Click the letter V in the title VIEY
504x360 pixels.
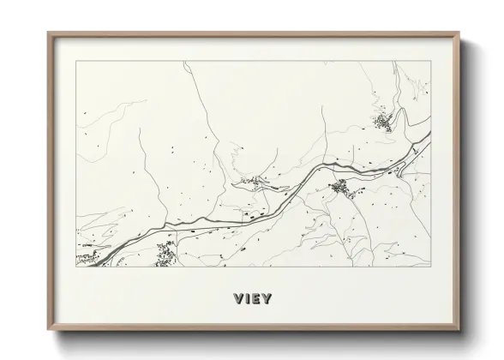point(237,299)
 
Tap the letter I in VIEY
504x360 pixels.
point(248,299)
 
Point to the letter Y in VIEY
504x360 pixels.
point(267,299)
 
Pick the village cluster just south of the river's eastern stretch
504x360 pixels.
point(341,187)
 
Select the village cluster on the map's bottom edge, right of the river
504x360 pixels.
point(165,253)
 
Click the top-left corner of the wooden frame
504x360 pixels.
point(48,33)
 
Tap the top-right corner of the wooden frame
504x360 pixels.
point(459,33)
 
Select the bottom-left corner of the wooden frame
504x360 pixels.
point(48,330)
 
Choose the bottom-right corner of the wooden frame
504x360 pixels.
point(459,330)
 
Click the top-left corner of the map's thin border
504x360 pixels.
point(75,61)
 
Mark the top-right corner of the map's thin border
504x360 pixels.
point(430,61)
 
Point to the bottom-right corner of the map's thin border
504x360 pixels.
point(430,266)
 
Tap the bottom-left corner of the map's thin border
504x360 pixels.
point(75,266)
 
